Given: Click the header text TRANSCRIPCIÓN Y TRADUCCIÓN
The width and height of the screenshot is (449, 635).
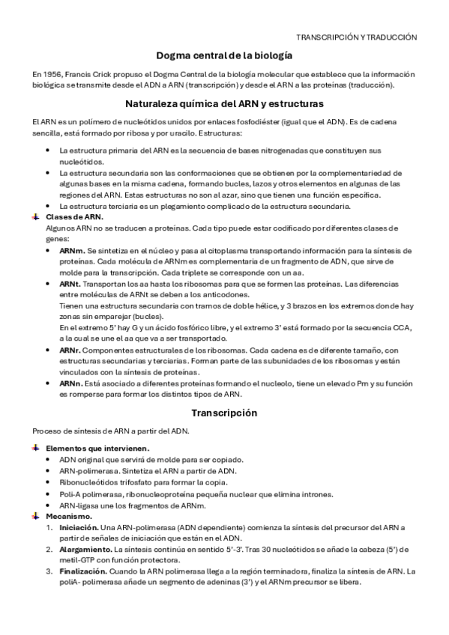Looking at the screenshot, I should (x=356, y=36).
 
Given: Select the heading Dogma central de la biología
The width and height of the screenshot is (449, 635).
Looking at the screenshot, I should (x=224, y=56).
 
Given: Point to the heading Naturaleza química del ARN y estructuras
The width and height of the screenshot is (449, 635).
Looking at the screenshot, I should (x=224, y=104).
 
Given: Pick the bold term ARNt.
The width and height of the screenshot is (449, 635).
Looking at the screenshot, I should (x=70, y=285).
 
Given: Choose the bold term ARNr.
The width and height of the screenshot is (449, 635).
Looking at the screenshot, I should (x=70, y=350).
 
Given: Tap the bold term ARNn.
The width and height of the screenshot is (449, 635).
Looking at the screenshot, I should (x=71, y=383).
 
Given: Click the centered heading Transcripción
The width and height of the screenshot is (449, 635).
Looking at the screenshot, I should (x=224, y=413).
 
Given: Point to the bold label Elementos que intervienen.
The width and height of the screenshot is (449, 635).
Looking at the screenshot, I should (x=97, y=448).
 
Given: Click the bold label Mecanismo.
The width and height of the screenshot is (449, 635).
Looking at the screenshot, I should (x=69, y=516).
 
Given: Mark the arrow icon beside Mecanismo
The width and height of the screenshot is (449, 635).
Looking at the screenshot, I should (x=36, y=516).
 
